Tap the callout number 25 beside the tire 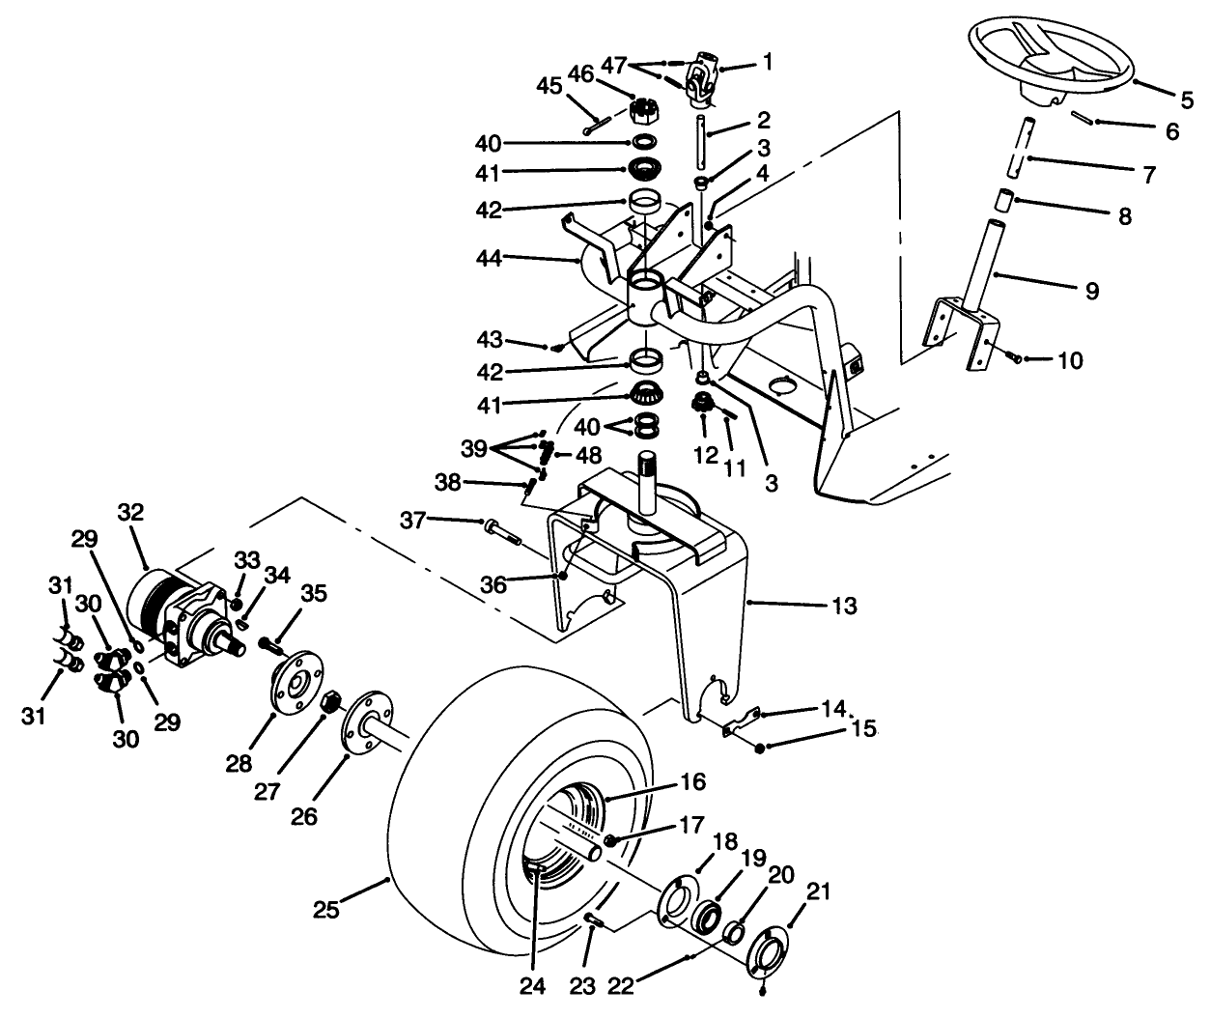(x=327, y=910)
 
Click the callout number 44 (x=488, y=258)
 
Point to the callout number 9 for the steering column (x=1090, y=290)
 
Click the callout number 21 (x=818, y=893)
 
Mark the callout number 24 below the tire (x=532, y=986)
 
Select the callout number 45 (x=549, y=86)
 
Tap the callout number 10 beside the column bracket (x=1069, y=361)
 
